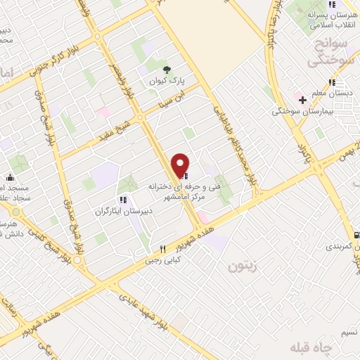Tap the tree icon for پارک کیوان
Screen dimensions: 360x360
coord(167,69)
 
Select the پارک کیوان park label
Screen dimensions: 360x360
coord(161,82)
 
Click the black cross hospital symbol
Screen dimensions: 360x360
coord(302,100)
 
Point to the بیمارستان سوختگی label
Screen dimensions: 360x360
coord(304,111)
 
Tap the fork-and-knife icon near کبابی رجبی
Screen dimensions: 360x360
coord(162,249)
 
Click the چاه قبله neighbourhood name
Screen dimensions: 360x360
coord(314,348)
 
